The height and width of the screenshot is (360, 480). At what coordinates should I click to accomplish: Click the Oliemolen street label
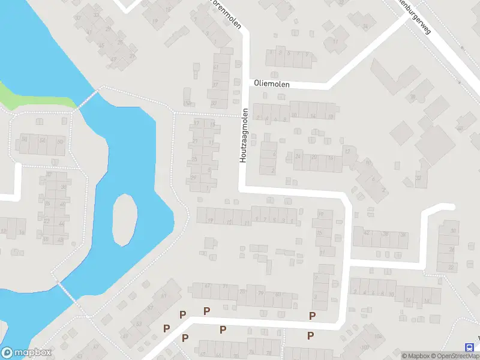272,85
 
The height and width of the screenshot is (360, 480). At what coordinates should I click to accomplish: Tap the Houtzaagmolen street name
244,136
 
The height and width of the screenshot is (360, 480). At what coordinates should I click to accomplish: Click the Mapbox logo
26,353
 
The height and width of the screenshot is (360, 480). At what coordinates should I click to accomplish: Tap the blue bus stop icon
469,347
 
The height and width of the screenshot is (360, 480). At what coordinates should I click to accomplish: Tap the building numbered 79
261,293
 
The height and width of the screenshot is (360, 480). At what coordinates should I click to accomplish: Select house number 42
367,235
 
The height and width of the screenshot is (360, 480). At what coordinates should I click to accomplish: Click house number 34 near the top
365,26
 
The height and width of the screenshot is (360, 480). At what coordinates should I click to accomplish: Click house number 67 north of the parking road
208,286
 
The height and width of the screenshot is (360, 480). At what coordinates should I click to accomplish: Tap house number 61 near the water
163,296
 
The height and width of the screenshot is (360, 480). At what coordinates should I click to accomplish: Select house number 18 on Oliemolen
331,116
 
